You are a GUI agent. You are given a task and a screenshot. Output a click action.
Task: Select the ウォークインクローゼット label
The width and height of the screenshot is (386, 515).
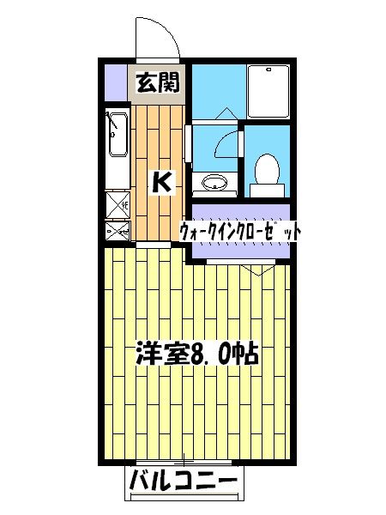241,232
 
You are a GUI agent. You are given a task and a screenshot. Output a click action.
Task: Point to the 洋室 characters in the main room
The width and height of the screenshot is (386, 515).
155,354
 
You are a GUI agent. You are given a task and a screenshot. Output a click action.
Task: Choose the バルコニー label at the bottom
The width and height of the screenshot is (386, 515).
183,482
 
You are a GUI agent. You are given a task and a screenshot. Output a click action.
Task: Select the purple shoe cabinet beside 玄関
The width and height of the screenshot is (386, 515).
114,82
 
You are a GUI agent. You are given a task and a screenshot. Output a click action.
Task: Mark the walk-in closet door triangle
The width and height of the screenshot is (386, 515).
255,269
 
